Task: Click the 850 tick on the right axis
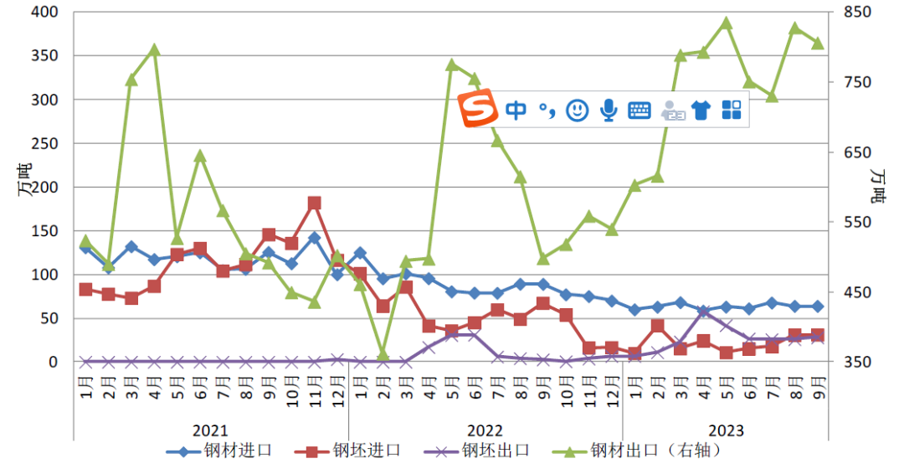pyautogui.click(x=859, y=13)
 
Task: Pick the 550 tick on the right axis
pyautogui.click(x=859, y=223)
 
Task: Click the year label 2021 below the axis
pyautogui.click(x=210, y=430)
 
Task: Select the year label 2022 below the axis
pyautogui.click(x=485, y=430)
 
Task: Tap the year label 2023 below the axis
pyautogui.click(x=726, y=430)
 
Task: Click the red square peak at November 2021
pyautogui.click(x=315, y=204)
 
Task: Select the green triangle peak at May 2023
pyautogui.click(x=726, y=23)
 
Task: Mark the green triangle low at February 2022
pyautogui.click(x=383, y=355)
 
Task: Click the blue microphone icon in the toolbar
pyautogui.click(x=609, y=110)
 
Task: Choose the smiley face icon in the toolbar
pyautogui.click(x=577, y=110)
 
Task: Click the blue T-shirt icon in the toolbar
pyautogui.click(x=701, y=110)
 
